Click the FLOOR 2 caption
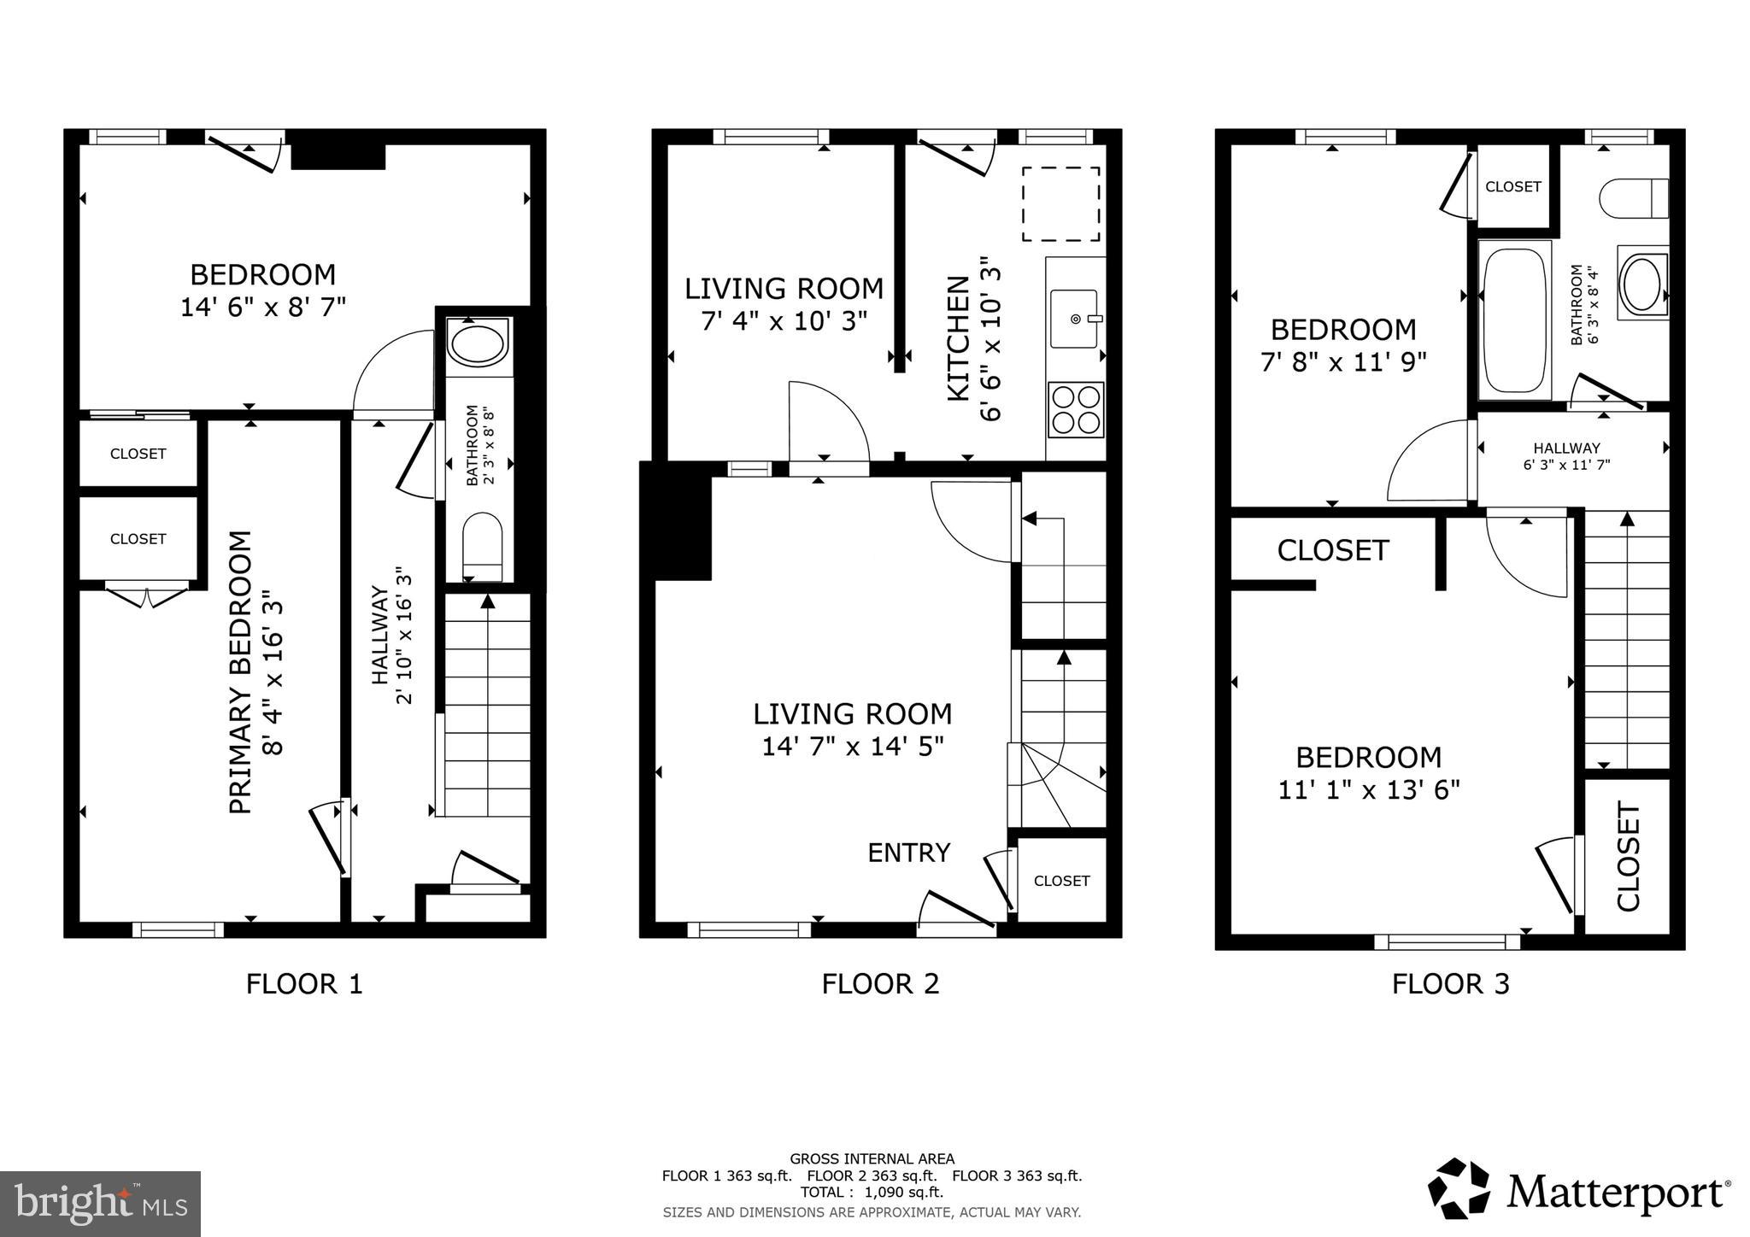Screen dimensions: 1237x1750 (880, 984)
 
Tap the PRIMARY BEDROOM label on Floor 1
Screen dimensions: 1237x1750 (242, 672)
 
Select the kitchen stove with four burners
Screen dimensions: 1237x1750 (1076, 410)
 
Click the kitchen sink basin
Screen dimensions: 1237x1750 (1074, 319)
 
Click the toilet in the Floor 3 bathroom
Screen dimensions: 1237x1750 (1633, 198)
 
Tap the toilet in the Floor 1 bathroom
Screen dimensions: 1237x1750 (482, 547)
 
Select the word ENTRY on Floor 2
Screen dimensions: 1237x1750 (908, 853)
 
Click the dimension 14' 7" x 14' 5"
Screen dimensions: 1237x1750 (852, 747)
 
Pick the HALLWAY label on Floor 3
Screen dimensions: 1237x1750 (1566, 448)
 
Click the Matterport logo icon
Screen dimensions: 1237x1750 (1459, 1188)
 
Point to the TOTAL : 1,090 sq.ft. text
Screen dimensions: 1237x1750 (872, 1193)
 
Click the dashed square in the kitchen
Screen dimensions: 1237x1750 (1060, 204)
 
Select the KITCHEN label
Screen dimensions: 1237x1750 (959, 338)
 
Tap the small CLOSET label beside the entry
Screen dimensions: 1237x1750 (1061, 881)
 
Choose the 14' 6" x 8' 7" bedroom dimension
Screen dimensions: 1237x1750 (263, 308)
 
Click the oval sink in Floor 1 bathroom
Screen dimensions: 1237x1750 (479, 344)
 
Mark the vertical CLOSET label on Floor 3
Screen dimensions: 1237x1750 (1629, 857)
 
